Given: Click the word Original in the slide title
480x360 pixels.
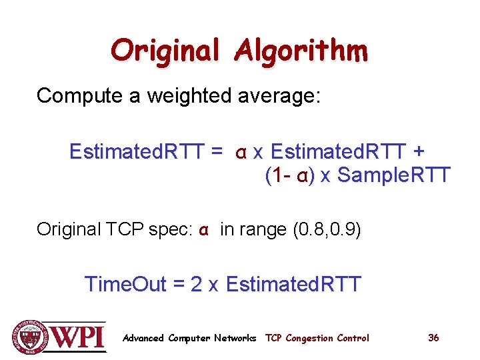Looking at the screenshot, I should pos(167,51).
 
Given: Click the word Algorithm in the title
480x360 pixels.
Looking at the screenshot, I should pos(300,51).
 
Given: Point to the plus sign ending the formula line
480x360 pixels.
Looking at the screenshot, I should pos(419,151).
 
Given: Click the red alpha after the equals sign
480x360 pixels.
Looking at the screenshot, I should pos(241,152).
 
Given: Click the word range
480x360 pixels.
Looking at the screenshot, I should pos(262,230).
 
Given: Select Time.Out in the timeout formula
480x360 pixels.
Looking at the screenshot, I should pos(125,285).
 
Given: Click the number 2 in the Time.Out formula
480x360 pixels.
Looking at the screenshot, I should pos(196,285).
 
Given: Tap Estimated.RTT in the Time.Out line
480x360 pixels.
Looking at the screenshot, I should pos(293,285).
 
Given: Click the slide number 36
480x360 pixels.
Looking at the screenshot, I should pos(433,338).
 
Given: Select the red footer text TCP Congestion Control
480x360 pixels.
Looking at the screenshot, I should pos(317,338).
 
